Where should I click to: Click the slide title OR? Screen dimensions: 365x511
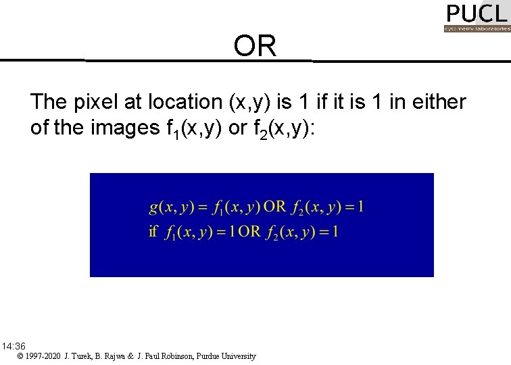coord(255,46)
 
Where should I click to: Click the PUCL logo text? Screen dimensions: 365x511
coord(476,14)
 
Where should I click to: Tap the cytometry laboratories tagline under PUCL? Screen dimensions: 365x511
coord(476,29)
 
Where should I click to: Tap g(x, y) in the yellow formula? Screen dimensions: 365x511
coord(169,207)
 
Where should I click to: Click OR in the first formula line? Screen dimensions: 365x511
coord(275,207)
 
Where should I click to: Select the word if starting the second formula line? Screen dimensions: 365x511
coord(153,232)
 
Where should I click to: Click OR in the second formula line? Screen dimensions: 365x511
coord(249,232)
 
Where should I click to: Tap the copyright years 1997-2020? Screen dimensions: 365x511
coord(45,356)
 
